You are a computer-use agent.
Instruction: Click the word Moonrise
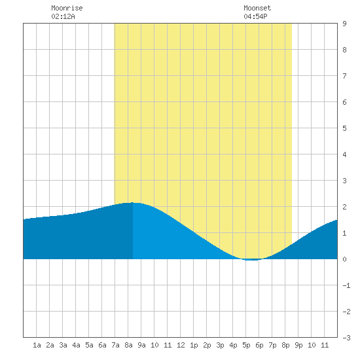[x=67, y=8]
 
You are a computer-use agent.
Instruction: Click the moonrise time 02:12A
[x=63, y=16]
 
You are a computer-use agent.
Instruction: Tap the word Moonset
[x=257, y=8]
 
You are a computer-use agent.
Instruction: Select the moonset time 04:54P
[x=255, y=16]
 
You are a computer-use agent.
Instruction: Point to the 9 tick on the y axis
[x=344, y=24]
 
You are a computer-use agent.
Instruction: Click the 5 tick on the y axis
[x=344, y=128]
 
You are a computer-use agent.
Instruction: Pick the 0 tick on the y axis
[x=344, y=259]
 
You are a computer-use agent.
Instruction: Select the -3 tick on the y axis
[x=346, y=338]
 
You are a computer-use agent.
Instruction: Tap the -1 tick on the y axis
[x=346, y=285]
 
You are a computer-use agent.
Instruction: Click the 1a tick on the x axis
[x=37, y=345]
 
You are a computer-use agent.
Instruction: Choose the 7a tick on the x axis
[x=115, y=345]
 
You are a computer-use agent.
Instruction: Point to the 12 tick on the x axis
[x=181, y=345]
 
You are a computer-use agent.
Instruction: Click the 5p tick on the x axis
[x=246, y=345]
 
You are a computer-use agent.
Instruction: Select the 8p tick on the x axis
[x=285, y=345]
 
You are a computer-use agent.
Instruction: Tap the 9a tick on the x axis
[x=141, y=345]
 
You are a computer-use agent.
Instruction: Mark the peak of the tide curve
[x=133, y=202]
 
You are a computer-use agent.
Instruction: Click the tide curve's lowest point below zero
[x=252, y=260]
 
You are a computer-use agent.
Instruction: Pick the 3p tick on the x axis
[x=220, y=345]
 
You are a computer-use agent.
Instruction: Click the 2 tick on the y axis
[x=344, y=207]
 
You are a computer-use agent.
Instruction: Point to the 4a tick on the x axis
[x=76, y=345]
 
